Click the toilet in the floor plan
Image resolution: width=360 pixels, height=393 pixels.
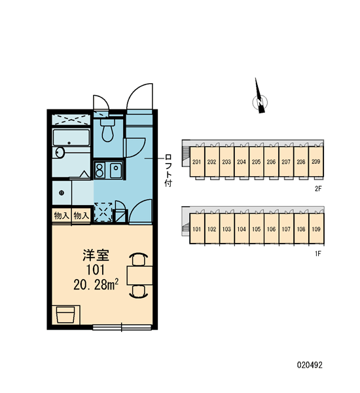point(108,130)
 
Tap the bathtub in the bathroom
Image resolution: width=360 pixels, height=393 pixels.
point(71,138)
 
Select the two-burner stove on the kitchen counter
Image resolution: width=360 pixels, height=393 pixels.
point(100,170)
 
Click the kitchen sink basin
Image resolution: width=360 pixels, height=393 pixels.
point(116,170)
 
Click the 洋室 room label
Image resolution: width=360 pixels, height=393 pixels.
point(96,255)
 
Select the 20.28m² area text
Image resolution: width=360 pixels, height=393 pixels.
point(96,285)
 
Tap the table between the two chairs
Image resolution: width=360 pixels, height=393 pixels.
point(139,276)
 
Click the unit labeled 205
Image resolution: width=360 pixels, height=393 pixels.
point(257,162)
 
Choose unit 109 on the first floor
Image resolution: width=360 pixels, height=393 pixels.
point(316,229)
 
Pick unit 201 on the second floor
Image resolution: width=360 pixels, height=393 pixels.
point(197,162)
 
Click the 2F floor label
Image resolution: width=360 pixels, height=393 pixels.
point(318,189)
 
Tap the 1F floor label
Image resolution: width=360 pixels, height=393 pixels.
point(318,254)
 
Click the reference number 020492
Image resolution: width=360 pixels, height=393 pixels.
point(310,365)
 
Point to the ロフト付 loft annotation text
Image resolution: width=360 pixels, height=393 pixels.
point(168,170)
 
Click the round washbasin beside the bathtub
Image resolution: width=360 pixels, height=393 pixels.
point(60,153)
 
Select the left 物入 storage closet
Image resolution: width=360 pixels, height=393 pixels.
point(62,215)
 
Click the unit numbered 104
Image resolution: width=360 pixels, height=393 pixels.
point(242,229)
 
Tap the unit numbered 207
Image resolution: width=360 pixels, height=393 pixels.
point(286,162)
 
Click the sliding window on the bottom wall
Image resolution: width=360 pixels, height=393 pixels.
point(122,327)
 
